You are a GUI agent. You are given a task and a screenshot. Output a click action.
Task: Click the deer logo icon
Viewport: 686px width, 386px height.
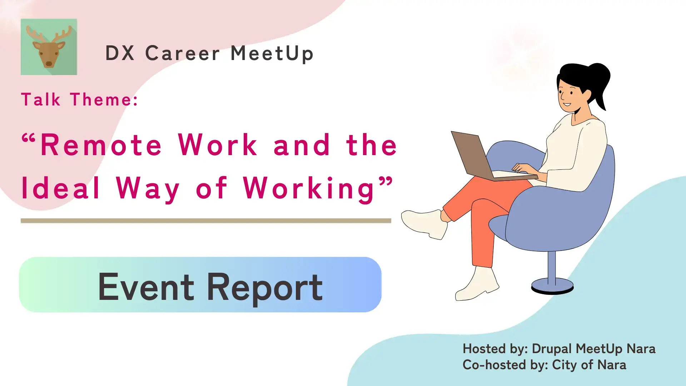[49, 47]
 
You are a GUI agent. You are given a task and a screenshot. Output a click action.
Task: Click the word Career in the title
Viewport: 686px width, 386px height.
[182, 53]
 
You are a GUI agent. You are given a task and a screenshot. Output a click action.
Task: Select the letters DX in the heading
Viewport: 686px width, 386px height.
[120, 53]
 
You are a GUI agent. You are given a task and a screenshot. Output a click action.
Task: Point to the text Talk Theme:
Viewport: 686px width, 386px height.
[80, 99]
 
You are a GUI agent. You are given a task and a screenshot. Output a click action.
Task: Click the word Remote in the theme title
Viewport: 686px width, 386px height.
[101, 145]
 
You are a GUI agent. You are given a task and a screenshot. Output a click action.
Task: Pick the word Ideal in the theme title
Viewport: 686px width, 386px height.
[60, 188]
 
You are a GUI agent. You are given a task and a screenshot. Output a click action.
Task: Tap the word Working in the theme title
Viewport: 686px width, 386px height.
[309, 189]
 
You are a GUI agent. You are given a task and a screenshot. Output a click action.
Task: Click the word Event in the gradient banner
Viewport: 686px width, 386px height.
[146, 287]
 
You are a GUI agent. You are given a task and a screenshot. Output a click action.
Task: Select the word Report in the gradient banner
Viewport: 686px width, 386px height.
[265, 288]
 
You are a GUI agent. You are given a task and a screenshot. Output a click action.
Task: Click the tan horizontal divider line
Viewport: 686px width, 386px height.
[206, 221]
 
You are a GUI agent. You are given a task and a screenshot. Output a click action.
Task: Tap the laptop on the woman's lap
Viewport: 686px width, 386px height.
[491, 157]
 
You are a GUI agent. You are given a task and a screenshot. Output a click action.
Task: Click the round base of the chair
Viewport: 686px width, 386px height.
[552, 286]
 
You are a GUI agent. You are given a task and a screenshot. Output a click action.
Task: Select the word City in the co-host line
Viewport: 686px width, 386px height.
[565, 365]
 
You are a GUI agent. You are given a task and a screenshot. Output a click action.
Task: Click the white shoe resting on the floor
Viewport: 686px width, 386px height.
[477, 284]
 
